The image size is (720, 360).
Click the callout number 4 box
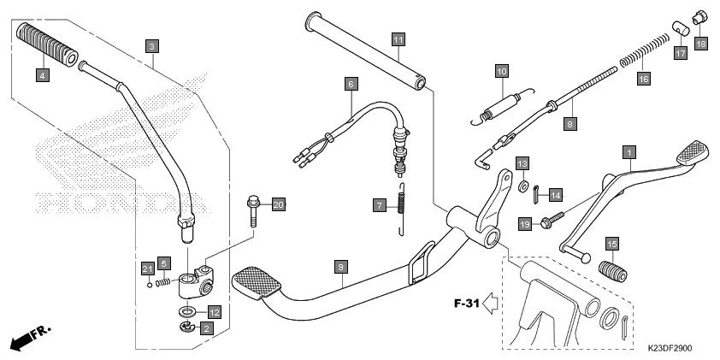point(43,75)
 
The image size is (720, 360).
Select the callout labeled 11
point(398,39)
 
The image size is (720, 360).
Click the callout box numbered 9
point(339,269)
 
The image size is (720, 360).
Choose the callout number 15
point(611,245)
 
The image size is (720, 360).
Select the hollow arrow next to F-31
point(492,302)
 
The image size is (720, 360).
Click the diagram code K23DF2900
point(669,348)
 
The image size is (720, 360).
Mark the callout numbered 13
point(522,162)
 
